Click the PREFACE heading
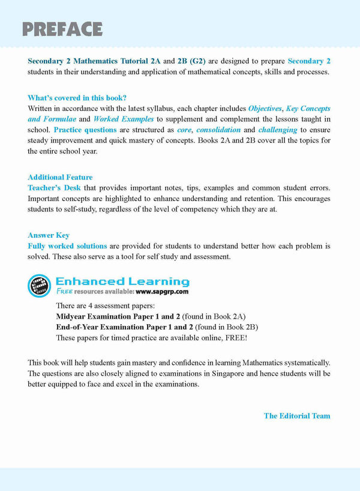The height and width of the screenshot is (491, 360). click(x=62, y=29)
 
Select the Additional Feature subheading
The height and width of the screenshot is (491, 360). click(x=60, y=177)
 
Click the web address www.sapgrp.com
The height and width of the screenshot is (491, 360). click(x=162, y=292)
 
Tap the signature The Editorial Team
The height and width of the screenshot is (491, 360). click(x=297, y=415)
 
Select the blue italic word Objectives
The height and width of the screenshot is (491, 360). click(x=265, y=109)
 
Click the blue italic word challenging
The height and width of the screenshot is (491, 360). click(x=278, y=130)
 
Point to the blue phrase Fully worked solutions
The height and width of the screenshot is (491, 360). click(x=67, y=246)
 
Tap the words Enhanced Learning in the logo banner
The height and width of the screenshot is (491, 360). click(x=122, y=281)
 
